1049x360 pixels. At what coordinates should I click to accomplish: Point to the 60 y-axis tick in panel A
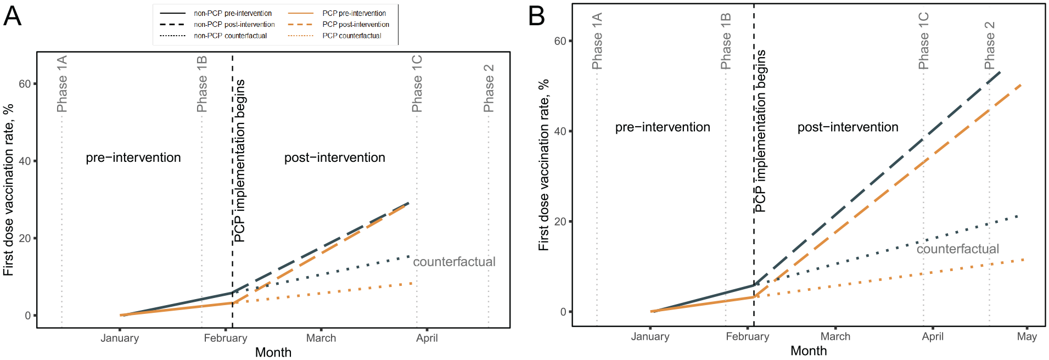25,84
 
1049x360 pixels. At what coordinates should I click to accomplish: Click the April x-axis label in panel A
427,338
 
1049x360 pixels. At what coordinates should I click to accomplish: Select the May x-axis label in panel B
1026,336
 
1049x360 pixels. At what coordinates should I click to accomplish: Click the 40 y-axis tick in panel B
560,131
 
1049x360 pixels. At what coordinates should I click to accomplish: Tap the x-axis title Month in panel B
809,351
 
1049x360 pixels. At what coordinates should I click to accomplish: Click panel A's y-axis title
8,190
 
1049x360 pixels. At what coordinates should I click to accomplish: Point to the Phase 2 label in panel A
489,88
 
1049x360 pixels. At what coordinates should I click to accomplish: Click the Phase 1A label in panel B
597,41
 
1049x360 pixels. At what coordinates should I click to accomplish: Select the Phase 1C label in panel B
924,41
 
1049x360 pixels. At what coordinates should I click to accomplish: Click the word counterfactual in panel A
454,262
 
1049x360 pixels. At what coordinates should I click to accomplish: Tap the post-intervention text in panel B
848,127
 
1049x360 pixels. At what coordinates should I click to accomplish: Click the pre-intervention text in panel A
133,157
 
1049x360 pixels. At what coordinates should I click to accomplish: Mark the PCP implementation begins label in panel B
760,131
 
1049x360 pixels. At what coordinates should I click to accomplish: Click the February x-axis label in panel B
747,336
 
